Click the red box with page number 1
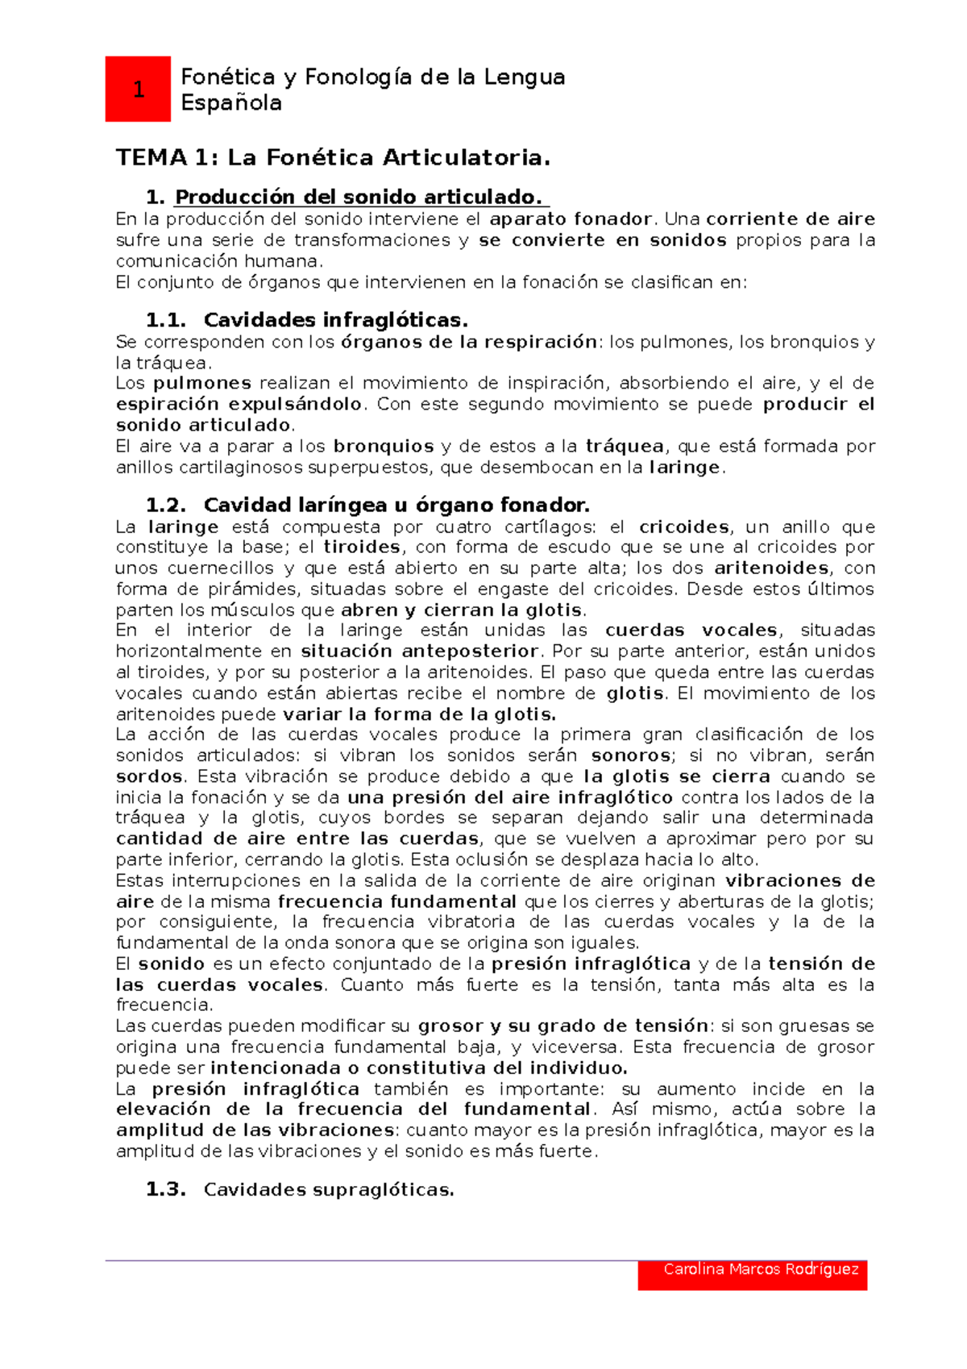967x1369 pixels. click(138, 89)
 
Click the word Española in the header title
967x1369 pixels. click(230, 103)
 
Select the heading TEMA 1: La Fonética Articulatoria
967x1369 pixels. click(333, 157)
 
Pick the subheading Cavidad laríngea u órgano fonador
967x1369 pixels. click(396, 506)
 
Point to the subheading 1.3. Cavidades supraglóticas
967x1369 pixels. click(329, 1190)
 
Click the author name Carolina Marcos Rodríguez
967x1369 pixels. click(760, 1269)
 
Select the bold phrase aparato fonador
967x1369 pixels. click(571, 219)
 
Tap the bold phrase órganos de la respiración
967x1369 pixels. click(468, 342)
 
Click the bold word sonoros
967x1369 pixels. click(631, 755)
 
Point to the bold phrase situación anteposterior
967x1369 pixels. click(419, 651)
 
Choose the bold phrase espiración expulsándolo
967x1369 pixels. click(239, 404)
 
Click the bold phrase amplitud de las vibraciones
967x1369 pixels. click(255, 1130)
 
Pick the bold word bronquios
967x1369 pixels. click(384, 446)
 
